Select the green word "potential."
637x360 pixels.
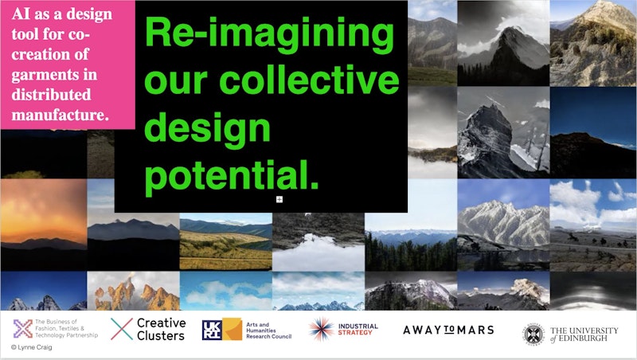[231, 175]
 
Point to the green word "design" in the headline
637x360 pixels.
[207, 129]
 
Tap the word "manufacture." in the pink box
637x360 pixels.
[61, 115]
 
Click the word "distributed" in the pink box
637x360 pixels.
[51, 95]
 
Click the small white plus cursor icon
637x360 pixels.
[279, 199]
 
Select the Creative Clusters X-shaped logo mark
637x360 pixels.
[122, 329]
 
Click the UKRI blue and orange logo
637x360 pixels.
[222, 329]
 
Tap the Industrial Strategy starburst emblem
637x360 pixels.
[321, 329]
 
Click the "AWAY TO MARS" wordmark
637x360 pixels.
[448, 330]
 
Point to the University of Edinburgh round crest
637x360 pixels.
[533, 335]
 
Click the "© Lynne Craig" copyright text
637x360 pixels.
[31, 347]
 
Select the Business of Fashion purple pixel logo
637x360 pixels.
[23, 329]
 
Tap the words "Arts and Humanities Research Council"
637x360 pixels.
[268, 331]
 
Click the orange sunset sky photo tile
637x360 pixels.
[44, 213]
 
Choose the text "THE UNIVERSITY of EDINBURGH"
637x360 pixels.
[584, 334]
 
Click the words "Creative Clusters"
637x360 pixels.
[161, 329]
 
